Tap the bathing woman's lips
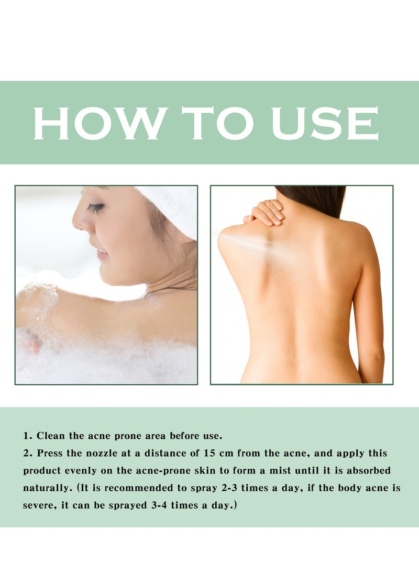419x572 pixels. (x=101, y=254)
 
